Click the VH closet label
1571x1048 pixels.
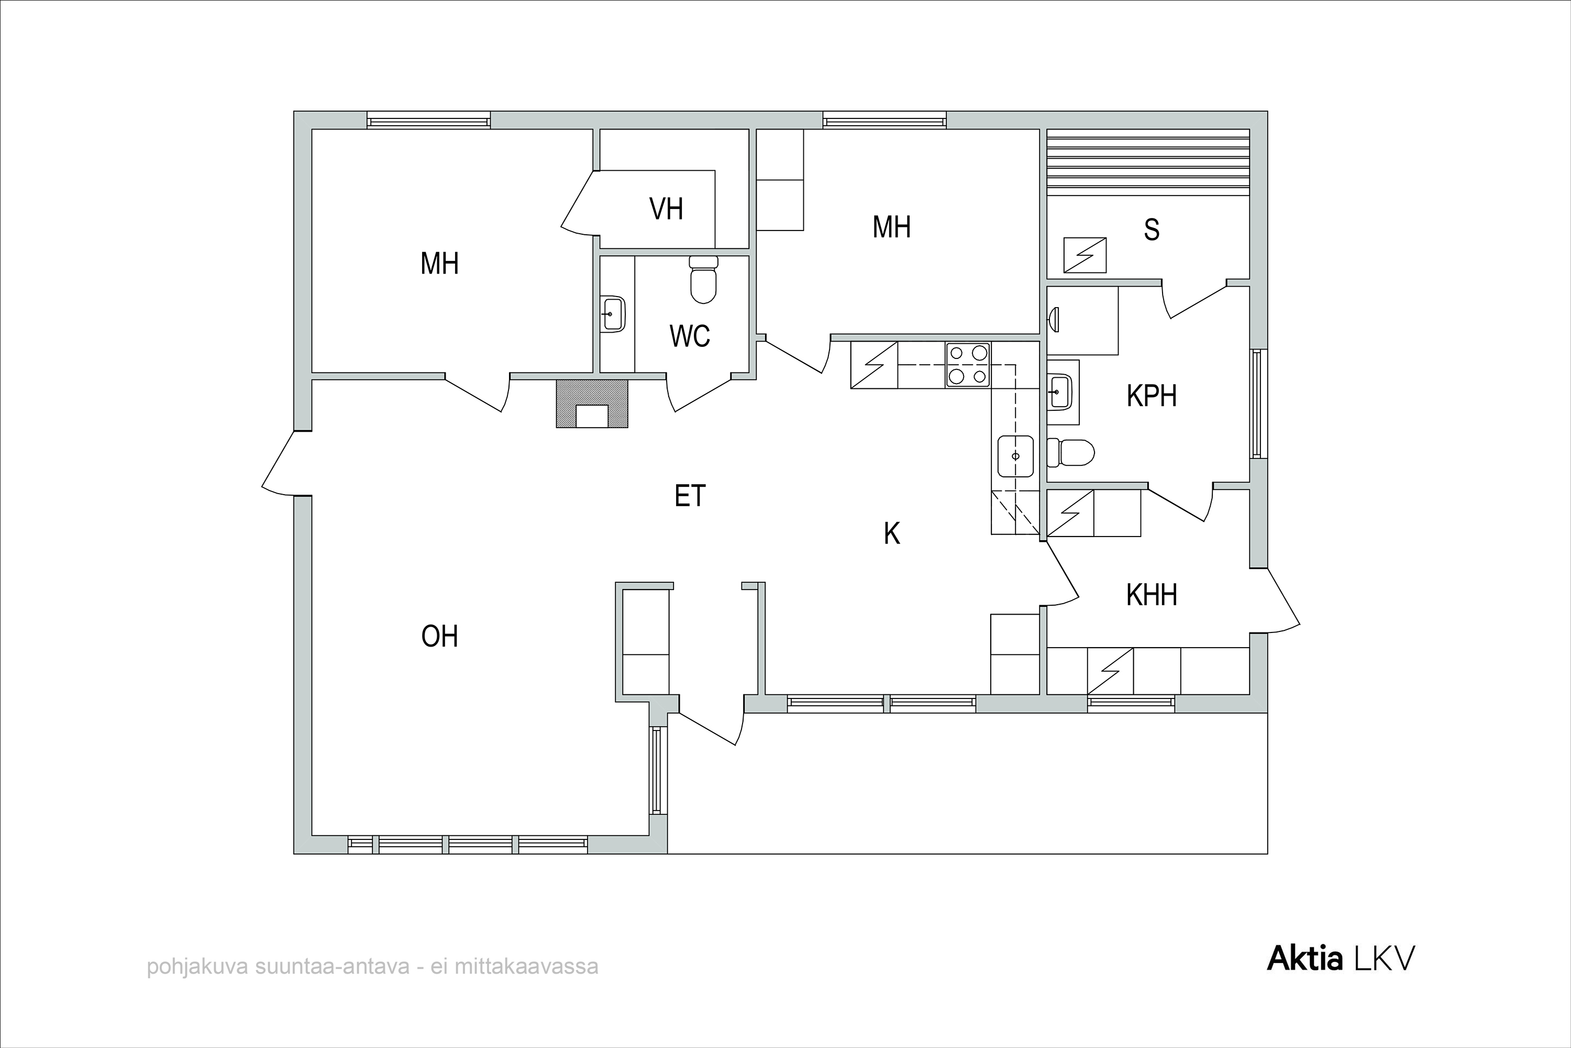(x=666, y=209)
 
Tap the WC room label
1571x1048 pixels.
(x=689, y=336)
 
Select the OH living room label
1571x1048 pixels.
(x=439, y=636)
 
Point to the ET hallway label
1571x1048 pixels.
(x=690, y=496)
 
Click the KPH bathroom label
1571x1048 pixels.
(x=1152, y=396)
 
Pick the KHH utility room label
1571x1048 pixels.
(x=1152, y=595)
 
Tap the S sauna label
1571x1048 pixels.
(x=1152, y=230)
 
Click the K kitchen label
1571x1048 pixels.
(x=892, y=533)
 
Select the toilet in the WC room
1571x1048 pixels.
(x=703, y=279)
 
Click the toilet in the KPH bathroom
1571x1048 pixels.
(x=1071, y=453)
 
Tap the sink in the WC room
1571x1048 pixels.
(x=613, y=313)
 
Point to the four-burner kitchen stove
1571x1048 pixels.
(x=968, y=364)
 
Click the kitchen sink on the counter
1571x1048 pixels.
(x=1015, y=456)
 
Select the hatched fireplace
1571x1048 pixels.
(x=592, y=403)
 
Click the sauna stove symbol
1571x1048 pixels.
(x=1085, y=255)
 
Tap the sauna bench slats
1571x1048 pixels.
(x=1147, y=162)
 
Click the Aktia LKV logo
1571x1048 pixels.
(x=1341, y=959)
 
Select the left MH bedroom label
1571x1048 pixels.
(x=439, y=264)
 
